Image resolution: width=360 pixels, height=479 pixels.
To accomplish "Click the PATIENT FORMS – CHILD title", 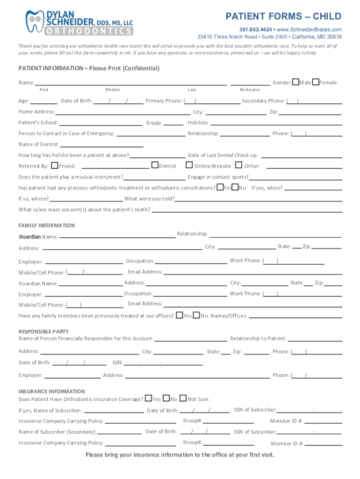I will (283, 17).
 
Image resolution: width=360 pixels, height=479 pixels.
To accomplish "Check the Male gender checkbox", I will (296, 82).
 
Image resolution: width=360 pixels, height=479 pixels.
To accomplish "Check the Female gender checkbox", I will (316, 82).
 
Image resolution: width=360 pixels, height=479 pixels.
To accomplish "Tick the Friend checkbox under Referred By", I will (55, 165).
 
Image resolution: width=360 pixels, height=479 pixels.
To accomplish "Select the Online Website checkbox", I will (189, 165).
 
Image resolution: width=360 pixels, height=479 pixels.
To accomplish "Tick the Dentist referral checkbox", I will (155, 165).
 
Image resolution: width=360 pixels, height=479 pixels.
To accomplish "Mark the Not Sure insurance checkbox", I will (183, 399).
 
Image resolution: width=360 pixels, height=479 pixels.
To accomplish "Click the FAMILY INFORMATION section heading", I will (46, 225).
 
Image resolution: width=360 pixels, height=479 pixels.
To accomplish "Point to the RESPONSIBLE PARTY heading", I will (43, 331).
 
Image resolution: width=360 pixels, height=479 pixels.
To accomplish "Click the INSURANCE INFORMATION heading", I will (51, 391).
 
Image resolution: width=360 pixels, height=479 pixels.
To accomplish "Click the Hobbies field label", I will (198, 123).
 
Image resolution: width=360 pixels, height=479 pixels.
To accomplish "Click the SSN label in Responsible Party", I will (117, 363).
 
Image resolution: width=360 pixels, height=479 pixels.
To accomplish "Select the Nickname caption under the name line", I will (250, 90).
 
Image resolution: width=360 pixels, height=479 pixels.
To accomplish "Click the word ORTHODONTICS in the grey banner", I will (89, 31).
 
